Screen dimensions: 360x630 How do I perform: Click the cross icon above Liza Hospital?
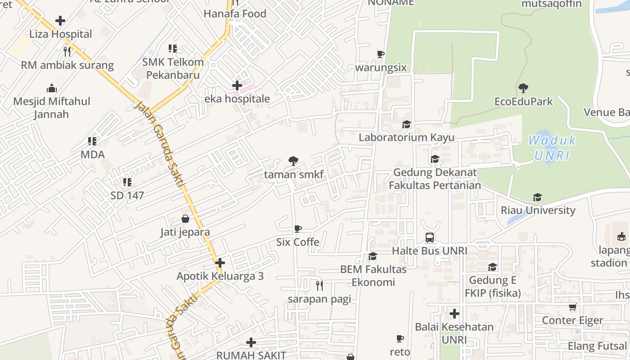click(60, 21)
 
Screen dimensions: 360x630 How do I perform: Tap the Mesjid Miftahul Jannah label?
click(52, 108)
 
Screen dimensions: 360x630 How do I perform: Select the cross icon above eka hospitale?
click(237, 85)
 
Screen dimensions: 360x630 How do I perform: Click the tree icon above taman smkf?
click(293, 161)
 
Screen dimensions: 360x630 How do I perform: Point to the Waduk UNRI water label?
click(552, 148)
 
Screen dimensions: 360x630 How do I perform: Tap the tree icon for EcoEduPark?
click(523, 88)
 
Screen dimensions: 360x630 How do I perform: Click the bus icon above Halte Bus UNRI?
click(430, 238)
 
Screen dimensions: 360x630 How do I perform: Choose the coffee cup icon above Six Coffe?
click(297, 229)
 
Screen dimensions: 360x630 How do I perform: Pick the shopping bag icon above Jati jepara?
click(185, 219)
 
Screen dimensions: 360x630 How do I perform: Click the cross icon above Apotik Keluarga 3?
click(220, 263)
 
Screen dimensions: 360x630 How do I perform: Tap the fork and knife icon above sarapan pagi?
click(319, 285)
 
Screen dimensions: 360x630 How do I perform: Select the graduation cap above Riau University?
click(537, 197)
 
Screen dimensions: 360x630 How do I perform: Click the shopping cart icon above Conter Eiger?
click(572, 307)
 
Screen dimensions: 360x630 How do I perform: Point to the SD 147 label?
click(127, 195)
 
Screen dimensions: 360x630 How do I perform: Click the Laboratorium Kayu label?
click(406, 137)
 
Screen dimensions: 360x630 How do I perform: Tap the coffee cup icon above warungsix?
click(381, 54)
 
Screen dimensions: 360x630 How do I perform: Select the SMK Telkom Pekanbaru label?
click(173, 68)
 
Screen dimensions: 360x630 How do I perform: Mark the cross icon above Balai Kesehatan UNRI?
click(454, 314)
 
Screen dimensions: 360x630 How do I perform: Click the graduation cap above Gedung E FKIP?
click(493, 267)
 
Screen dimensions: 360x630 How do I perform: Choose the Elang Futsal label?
click(597, 346)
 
